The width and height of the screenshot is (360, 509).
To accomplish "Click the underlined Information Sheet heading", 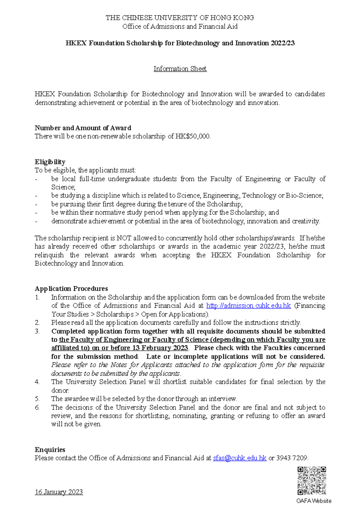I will [x=180, y=69].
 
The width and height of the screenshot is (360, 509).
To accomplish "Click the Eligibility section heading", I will [x=50, y=162].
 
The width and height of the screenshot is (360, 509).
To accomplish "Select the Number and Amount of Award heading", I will [x=83, y=128].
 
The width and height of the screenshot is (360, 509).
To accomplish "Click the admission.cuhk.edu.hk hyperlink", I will [x=248, y=306].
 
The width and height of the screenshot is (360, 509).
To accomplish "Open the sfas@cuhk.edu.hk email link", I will [x=239, y=458].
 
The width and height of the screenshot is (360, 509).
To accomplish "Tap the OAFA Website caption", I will [x=313, y=501].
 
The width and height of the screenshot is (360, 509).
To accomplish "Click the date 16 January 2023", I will [x=59, y=492].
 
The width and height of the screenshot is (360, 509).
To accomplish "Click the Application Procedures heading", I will [x=71, y=289].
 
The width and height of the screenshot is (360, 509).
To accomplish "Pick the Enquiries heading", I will [x=50, y=450].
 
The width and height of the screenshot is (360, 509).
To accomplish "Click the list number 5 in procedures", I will [x=37, y=399].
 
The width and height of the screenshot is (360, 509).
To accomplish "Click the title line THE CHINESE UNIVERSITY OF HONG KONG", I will [x=180, y=18].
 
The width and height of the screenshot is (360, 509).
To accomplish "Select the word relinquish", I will [x=49, y=255].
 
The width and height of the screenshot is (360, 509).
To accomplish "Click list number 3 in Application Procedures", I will [x=37, y=331].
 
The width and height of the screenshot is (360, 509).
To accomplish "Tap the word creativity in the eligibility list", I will [x=306, y=221].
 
